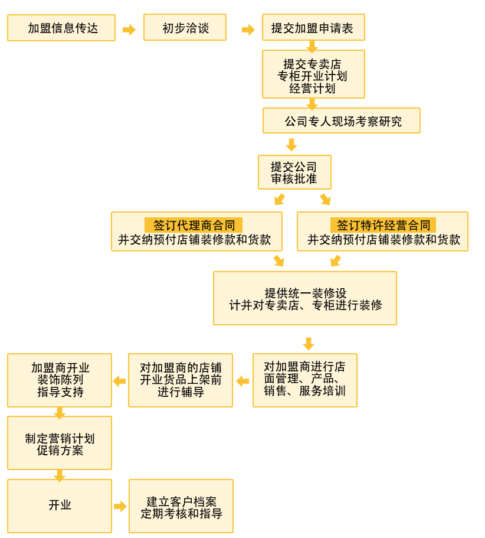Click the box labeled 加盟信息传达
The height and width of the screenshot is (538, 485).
click(61, 28)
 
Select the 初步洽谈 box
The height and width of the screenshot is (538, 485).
click(185, 28)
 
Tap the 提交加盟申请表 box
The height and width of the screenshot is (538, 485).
click(313, 28)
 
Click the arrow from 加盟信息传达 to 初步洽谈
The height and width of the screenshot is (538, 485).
click(129, 30)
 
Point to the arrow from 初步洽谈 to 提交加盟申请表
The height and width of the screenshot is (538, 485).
click(248, 30)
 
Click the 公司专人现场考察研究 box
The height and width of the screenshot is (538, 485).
click(342, 120)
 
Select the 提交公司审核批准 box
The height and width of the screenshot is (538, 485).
click(294, 172)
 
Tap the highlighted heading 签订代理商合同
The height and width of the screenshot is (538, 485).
click(194, 225)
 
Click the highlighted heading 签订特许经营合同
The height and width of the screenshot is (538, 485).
click(383, 225)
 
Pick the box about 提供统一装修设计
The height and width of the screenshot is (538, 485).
click(304, 298)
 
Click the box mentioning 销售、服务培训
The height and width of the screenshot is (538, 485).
click(304, 380)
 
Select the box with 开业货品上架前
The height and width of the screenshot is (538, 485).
click(181, 380)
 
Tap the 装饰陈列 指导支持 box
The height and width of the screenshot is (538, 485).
click(60, 380)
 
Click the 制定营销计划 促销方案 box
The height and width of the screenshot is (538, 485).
click(60, 443)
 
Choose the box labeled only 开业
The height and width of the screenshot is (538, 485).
click(60, 506)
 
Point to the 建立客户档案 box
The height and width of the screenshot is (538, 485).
click(181, 506)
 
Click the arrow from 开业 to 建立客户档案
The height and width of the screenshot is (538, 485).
click(120, 506)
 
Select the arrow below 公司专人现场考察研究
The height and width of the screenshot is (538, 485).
click(291, 144)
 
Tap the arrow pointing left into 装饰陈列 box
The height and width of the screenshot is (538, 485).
click(119, 381)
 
